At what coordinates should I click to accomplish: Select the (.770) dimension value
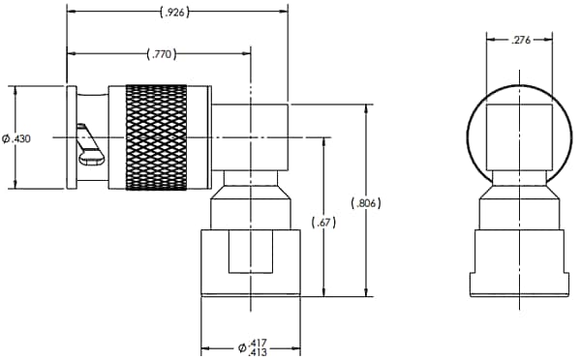click(x=159, y=54)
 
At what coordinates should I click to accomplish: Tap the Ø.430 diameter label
click(x=17, y=139)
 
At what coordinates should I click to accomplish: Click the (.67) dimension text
click(x=323, y=224)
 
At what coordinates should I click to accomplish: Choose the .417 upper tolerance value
click(x=259, y=342)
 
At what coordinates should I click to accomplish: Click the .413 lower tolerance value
click(x=259, y=353)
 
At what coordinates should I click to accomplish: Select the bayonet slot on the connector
click(x=93, y=143)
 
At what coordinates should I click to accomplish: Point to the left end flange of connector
click(x=71, y=137)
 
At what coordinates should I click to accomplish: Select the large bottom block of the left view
click(x=246, y=261)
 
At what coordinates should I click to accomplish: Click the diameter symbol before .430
click(x=7, y=139)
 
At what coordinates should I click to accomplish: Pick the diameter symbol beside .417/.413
click(x=242, y=347)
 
